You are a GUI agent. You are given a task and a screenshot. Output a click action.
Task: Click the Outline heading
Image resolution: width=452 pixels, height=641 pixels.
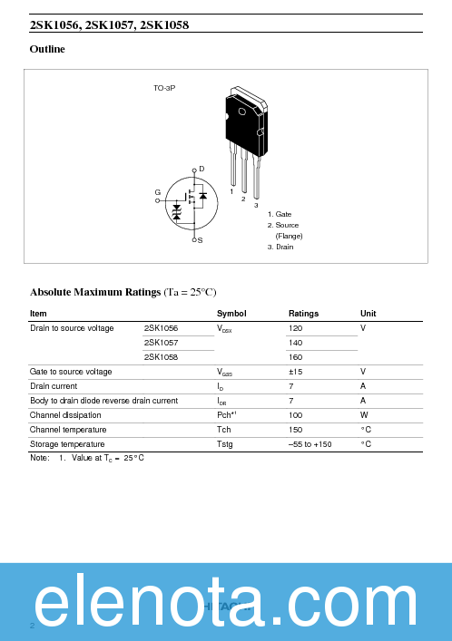(x=47, y=49)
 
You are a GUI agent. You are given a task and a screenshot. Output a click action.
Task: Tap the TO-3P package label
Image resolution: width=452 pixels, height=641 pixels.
(x=163, y=88)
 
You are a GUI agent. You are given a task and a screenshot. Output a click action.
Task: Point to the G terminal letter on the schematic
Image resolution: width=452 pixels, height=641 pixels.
(x=157, y=192)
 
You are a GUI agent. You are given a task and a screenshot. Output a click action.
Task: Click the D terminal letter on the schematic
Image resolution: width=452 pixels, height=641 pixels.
(x=201, y=169)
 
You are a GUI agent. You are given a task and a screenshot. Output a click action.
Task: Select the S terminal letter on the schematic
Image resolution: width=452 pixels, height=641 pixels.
(x=200, y=240)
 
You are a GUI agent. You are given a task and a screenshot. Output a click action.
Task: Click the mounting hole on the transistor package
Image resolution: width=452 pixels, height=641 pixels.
(x=241, y=112)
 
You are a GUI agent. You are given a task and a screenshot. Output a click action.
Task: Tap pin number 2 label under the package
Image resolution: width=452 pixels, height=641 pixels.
(x=243, y=199)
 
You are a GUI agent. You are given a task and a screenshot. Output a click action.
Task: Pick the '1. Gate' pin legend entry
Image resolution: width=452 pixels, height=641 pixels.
(x=279, y=214)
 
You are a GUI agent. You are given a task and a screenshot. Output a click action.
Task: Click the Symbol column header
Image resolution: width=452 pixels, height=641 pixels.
(x=231, y=314)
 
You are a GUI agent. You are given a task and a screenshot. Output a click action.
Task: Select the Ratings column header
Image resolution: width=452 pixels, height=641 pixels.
(x=303, y=314)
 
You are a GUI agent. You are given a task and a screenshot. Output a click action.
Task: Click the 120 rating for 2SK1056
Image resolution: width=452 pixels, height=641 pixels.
(x=295, y=328)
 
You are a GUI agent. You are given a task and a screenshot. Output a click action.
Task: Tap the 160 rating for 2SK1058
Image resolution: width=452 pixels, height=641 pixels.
(x=295, y=357)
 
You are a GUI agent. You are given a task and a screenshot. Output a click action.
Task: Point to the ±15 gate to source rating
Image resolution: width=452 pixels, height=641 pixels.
(x=295, y=372)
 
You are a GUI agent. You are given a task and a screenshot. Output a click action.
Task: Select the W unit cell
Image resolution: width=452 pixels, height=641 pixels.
(x=363, y=415)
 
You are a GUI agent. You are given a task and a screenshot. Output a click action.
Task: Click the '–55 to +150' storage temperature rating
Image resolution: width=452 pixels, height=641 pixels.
(x=310, y=444)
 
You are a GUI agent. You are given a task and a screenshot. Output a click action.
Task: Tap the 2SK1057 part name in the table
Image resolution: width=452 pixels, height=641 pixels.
(x=161, y=343)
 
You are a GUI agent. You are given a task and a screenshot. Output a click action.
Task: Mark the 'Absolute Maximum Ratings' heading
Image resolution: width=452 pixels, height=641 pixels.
(x=95, y=292)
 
